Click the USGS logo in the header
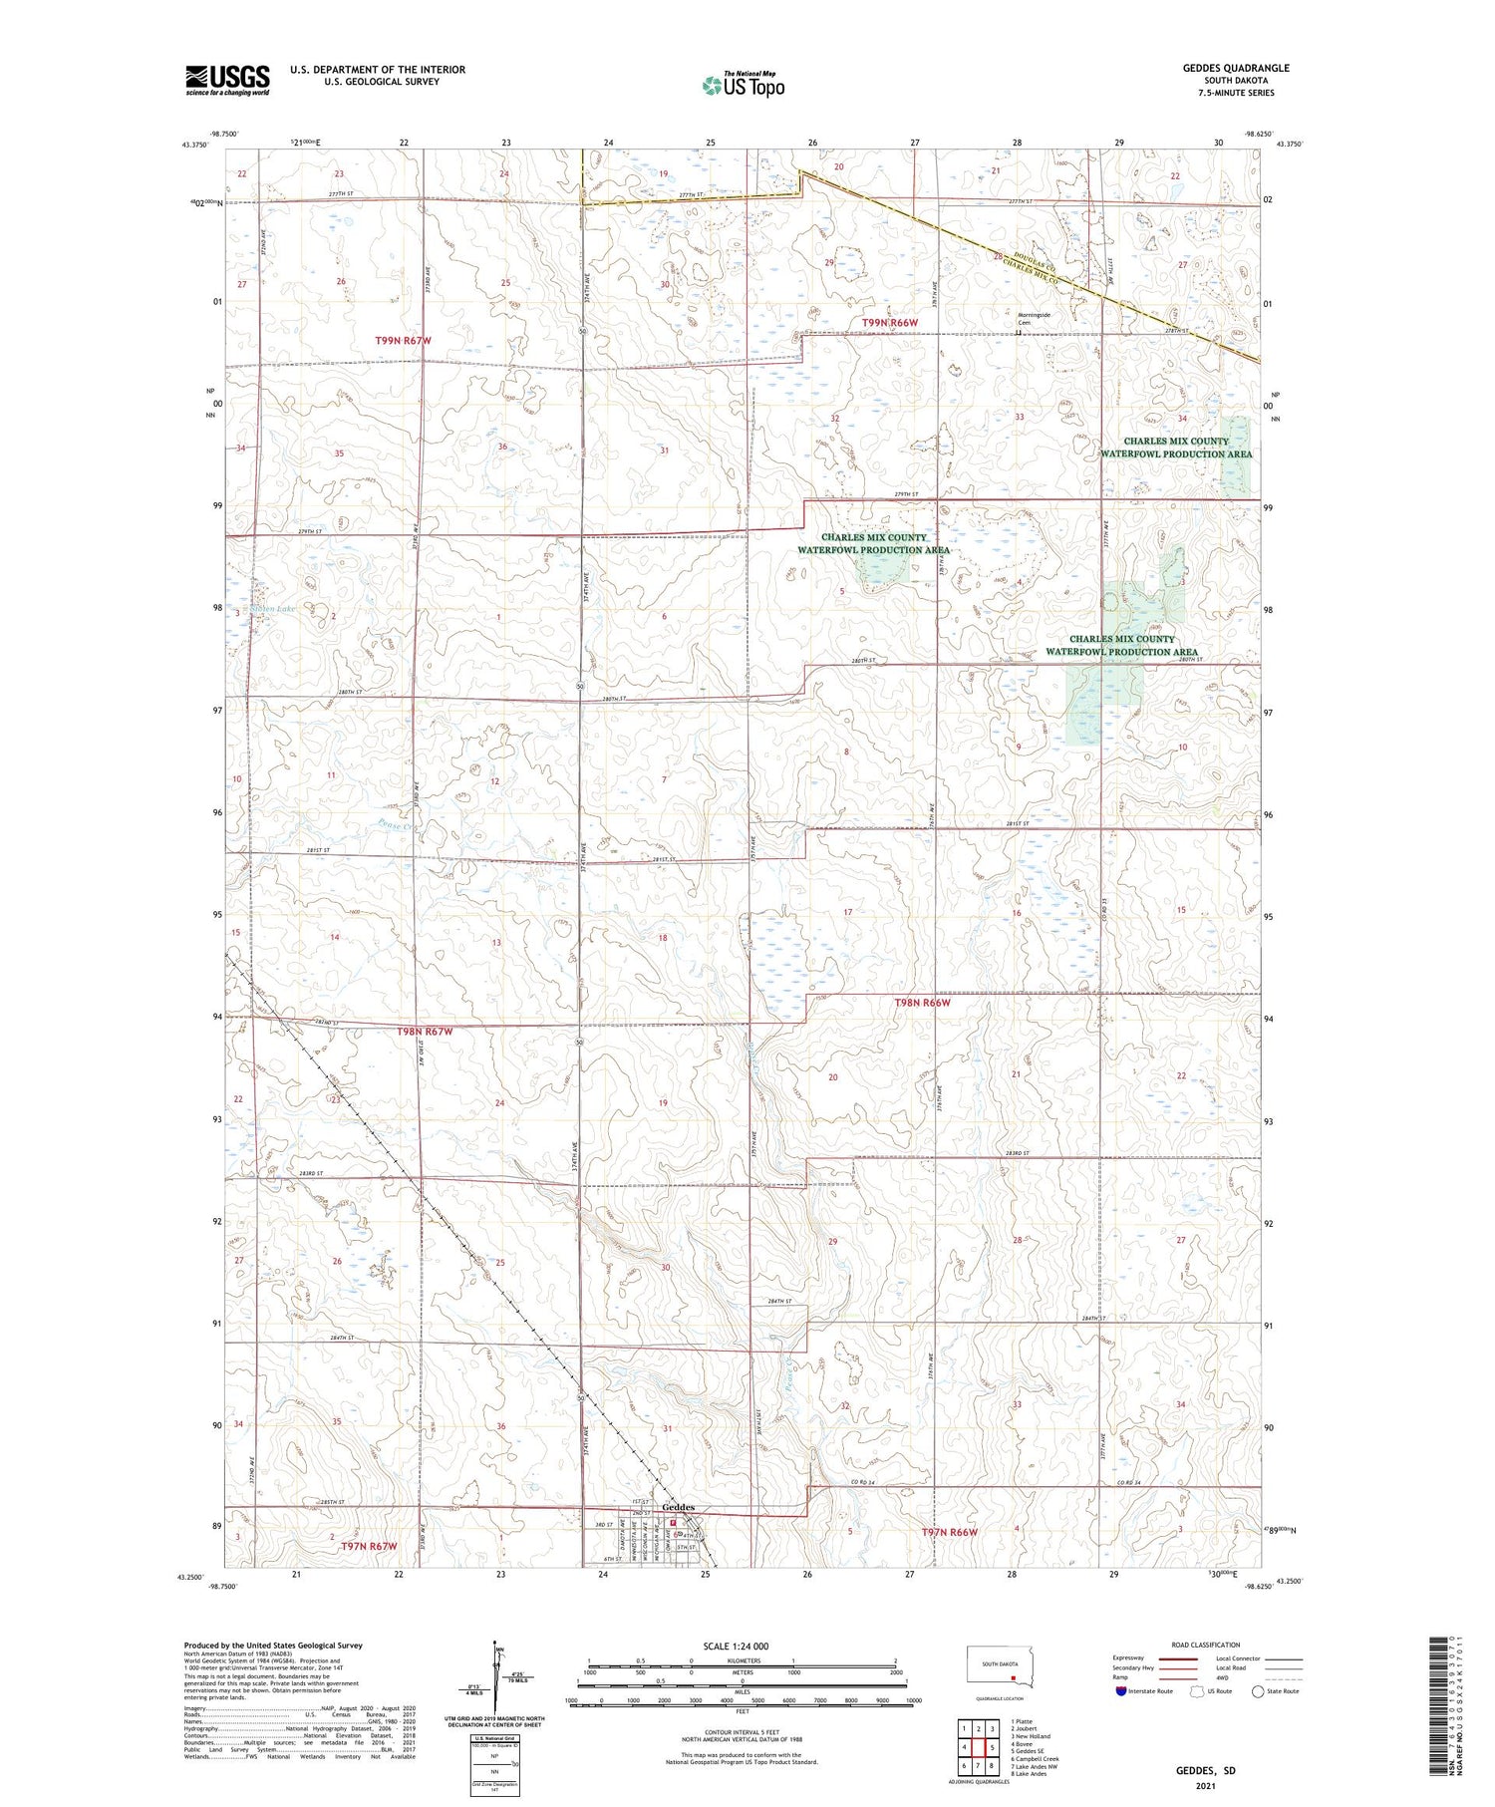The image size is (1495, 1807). (x=227, y=80)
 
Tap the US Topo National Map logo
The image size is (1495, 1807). (x=744, y=85)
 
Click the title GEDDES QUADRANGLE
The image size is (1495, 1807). (x=1235, y=68)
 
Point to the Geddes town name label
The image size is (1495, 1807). (x=678, y=1507)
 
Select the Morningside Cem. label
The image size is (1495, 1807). (x=1033, y=319)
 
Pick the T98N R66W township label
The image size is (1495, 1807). (x=922, y=1003)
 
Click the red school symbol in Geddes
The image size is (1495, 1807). (x=673, y=1523)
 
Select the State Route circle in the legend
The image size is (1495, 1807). (x=1258, y=1691)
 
